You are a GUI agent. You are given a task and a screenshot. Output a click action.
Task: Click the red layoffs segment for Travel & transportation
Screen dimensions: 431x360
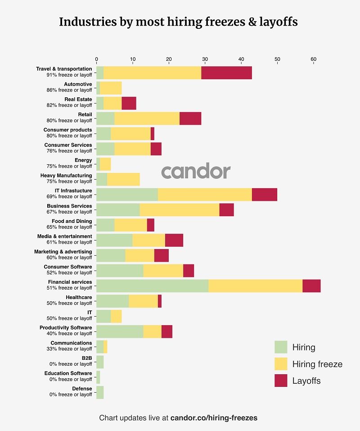226,73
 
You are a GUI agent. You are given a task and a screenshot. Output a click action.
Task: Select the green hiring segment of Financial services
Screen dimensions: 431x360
152,286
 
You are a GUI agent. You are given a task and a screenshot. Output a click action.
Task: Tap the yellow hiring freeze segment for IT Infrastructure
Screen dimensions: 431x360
205,194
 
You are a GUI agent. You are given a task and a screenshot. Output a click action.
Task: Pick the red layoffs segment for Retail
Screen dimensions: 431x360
190,118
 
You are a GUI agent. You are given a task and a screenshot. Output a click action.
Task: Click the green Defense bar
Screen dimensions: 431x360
100,392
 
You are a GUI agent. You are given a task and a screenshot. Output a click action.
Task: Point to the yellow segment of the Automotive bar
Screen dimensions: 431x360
111,88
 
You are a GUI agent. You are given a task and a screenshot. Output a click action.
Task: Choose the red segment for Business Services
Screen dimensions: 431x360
226,209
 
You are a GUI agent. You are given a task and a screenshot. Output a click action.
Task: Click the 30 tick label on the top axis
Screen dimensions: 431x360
205,59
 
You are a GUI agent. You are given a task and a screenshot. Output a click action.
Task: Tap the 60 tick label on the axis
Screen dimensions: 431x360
314,59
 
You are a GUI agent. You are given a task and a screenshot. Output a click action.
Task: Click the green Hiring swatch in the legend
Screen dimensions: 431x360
281,347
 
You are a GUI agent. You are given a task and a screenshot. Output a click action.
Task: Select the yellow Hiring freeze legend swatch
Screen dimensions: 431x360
281,364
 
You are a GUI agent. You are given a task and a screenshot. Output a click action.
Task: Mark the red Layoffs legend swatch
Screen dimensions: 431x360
281,381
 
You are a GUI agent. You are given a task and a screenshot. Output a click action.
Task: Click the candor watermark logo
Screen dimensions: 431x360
196,172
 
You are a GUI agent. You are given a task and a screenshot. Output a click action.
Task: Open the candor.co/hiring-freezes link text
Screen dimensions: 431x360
214,418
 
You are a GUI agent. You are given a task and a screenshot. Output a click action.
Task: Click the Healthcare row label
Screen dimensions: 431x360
79,298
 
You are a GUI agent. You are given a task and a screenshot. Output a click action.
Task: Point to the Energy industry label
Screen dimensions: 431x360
83,160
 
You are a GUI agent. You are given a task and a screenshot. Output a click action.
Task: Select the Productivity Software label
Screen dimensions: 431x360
66,328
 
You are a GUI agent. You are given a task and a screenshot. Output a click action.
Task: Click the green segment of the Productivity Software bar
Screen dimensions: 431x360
120,331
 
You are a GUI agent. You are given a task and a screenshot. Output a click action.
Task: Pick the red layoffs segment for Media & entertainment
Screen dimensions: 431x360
174,240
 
